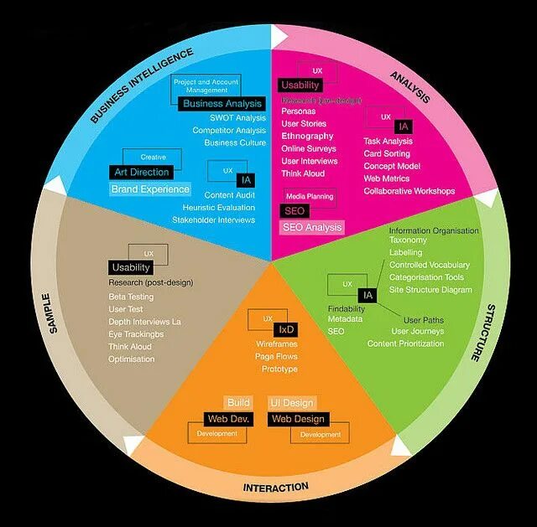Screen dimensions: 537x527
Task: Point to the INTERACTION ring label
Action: coord(276,487)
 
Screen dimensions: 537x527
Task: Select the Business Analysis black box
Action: coord(222,104)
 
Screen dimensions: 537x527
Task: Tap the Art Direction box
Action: coord(141,172)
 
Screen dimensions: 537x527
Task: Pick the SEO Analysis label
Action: coord(312,227)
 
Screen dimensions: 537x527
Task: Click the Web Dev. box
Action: coord(228,418)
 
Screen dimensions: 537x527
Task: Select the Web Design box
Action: coord(298,418)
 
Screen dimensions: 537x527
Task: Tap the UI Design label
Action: coord(292,403)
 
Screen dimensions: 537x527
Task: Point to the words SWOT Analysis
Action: coord(238,118)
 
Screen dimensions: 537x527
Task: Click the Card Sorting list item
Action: coord(387,154)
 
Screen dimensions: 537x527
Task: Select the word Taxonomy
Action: coord(408,240)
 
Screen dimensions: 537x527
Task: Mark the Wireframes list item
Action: coord(277,344)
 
